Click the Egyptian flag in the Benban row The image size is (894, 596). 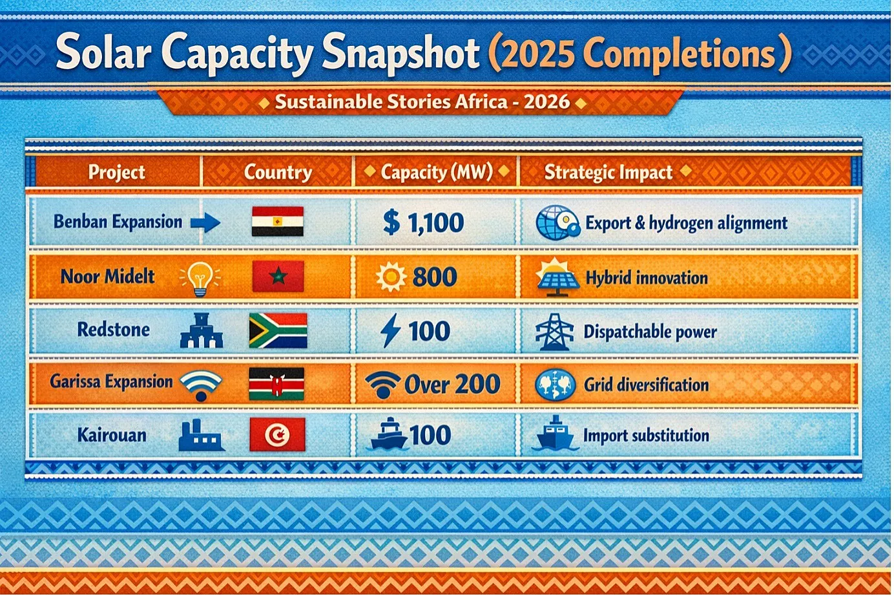coord(278,221)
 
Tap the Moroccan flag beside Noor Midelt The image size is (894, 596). coord(278,276)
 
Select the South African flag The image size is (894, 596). coord(278,330)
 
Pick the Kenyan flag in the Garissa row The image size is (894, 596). coord(276,383)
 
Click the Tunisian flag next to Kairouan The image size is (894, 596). coord(277,434)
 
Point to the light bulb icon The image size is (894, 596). coord(200,279)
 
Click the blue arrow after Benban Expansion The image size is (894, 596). coord(205,222)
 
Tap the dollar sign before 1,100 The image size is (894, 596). coord(391,222)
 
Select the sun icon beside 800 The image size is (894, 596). coord(391,277)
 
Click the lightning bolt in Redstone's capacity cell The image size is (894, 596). coord(390,330)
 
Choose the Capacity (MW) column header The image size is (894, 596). coord(437,172)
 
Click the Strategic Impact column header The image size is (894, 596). coord(608,172)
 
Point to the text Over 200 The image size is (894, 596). coord(452,384)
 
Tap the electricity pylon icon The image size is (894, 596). coord(554,332)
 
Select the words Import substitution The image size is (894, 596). coord(646,436)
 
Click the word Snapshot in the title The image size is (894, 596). coord(400,54)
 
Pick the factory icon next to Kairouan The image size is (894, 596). coord(201,436)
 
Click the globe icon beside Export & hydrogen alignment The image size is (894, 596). coord(557,222)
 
